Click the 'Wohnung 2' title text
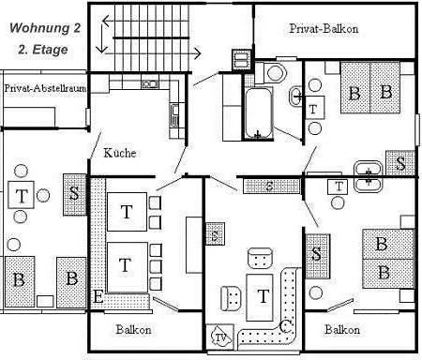[x=45, y=28]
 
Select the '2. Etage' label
[x=44, y=47]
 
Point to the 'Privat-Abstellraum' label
[x=42, y=88]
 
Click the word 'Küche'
[x=119, y=152]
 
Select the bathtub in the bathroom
[x=258, y=113]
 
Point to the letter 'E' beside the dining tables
[x=98, y=298]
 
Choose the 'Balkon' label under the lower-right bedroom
[x=342, y=330]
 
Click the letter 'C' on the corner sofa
[x=286, y=325]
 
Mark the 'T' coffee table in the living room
[x=264, y=295]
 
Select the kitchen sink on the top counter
[x=150, y=83]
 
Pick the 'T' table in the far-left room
[x=22, y=197]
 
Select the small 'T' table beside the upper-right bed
[x=313, y=109]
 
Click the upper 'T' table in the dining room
[x=126, y=212]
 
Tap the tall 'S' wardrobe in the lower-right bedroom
[x=317, y=253]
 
